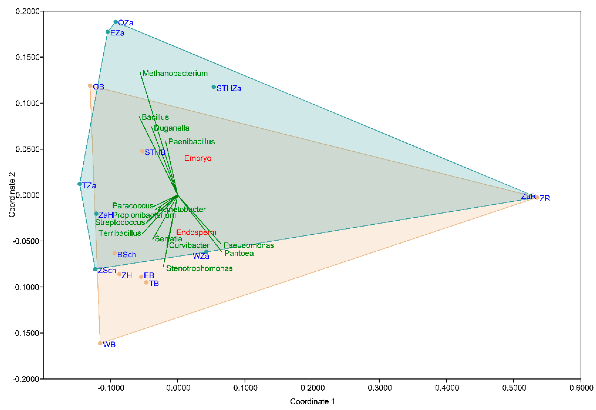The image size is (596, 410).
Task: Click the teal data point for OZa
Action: coord(116,22)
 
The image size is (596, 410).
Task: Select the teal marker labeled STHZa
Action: coord(214,87)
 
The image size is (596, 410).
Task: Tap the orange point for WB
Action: coord(100,343)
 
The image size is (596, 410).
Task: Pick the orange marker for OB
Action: coord(90,86)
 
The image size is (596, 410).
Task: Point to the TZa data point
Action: coord(80,184)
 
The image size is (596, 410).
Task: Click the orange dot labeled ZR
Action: coord(537,197)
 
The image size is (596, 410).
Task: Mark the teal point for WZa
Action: coord(206,252)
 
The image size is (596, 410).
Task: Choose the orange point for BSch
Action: coord(115,253)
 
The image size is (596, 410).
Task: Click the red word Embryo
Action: coord(198,158)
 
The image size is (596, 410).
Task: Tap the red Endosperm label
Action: coord(196,232)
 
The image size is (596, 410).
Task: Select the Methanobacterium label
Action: coord(175,73)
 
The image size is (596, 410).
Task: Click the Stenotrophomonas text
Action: coord(199,268)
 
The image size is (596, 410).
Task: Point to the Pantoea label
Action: coord(239,253)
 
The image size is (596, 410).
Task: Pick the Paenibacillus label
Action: coord(192,142)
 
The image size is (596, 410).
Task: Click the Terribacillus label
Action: coord(120,233)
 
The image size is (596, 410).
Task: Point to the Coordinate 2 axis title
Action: coord(12,195)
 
